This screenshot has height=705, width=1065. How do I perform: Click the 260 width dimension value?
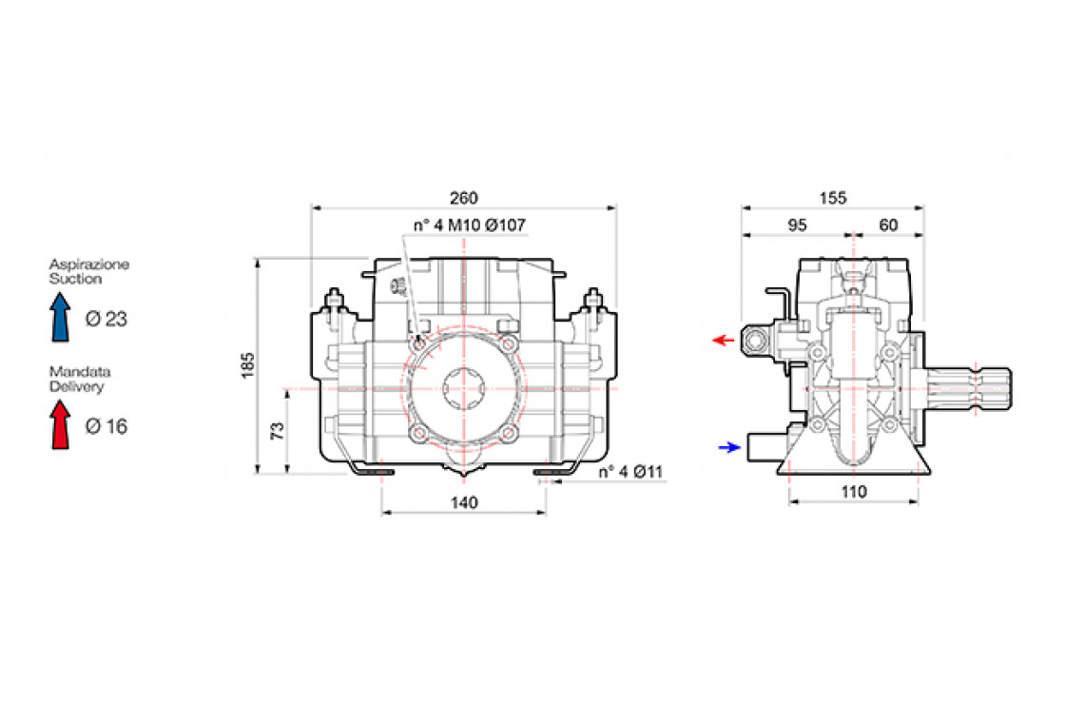463,198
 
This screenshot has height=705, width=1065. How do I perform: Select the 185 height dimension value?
248,365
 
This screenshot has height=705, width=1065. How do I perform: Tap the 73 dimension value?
278,431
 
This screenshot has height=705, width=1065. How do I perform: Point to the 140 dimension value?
463,502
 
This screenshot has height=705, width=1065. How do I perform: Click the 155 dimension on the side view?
832,198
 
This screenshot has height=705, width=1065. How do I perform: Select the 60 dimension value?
888,225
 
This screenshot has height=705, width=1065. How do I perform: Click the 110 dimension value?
853,492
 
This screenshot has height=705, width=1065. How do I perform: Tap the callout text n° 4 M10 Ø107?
469,225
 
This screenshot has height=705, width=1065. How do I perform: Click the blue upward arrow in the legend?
61,316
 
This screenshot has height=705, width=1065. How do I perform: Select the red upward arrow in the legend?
61,423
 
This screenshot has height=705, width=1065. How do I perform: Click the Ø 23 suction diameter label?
106,320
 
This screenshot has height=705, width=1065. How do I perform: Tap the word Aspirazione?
88,264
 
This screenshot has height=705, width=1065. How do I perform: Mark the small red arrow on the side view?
725,340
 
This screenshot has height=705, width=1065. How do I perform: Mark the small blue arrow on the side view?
729,446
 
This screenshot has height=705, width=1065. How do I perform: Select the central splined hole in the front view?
463,390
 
